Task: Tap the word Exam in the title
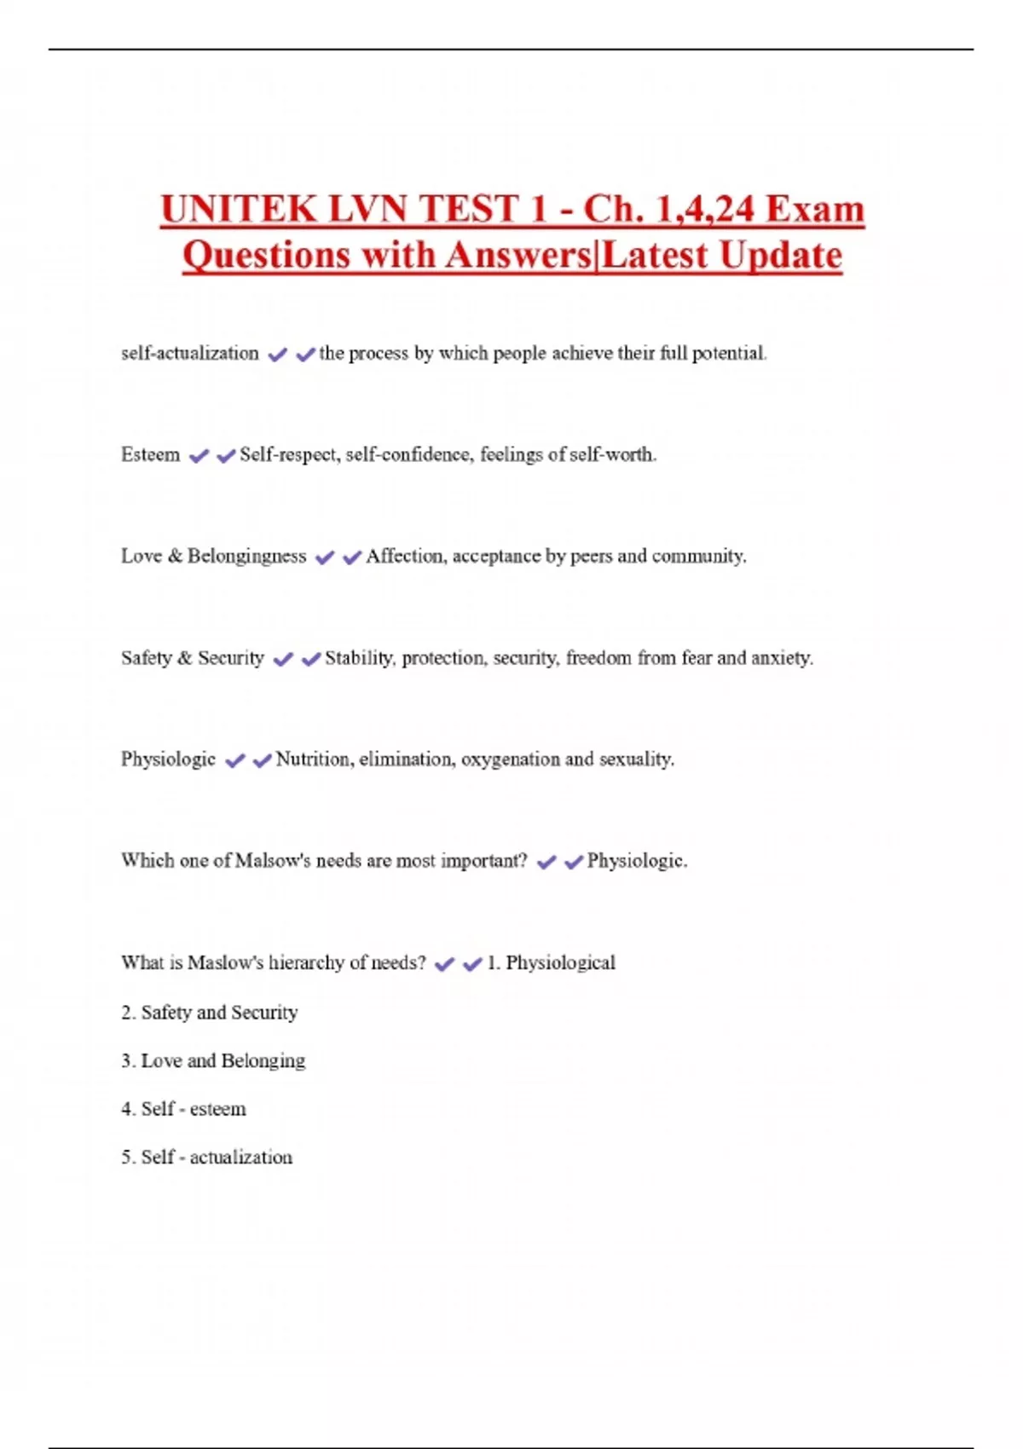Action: pos(815,210)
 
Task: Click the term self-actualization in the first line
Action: pos(189,353)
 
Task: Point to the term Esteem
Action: pos(150,454)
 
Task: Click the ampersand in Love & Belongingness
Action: pos(175,556)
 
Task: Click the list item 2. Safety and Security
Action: pos(210,1012)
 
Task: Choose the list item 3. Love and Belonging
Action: pos(213,1060)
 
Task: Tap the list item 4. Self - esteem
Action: pos(183,1108)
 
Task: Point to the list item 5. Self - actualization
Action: pos(206,1157)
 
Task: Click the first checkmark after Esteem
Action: pos(199,456)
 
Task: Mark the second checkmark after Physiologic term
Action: pos(262,760)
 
